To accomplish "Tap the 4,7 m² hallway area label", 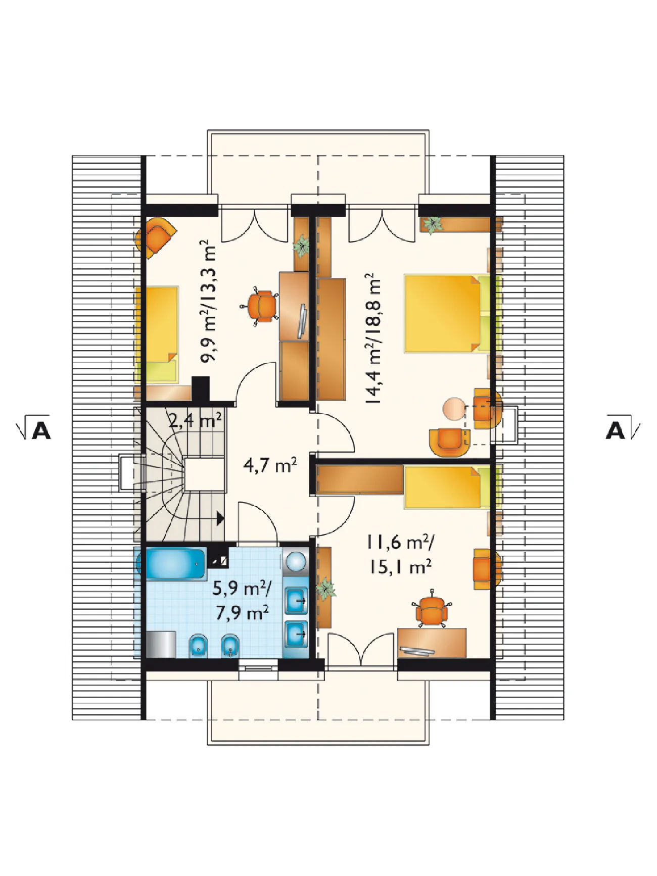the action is (270, 464).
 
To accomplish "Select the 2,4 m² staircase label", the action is (195, 419).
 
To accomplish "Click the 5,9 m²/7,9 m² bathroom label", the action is (242, 600).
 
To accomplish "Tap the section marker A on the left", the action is (34, 428).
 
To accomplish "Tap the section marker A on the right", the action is (623, 428).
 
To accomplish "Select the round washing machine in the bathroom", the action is (296, 561).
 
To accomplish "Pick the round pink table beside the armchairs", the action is (454, 409).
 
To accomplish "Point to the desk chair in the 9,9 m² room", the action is (262, 306).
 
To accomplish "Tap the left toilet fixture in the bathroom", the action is (198, 645).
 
